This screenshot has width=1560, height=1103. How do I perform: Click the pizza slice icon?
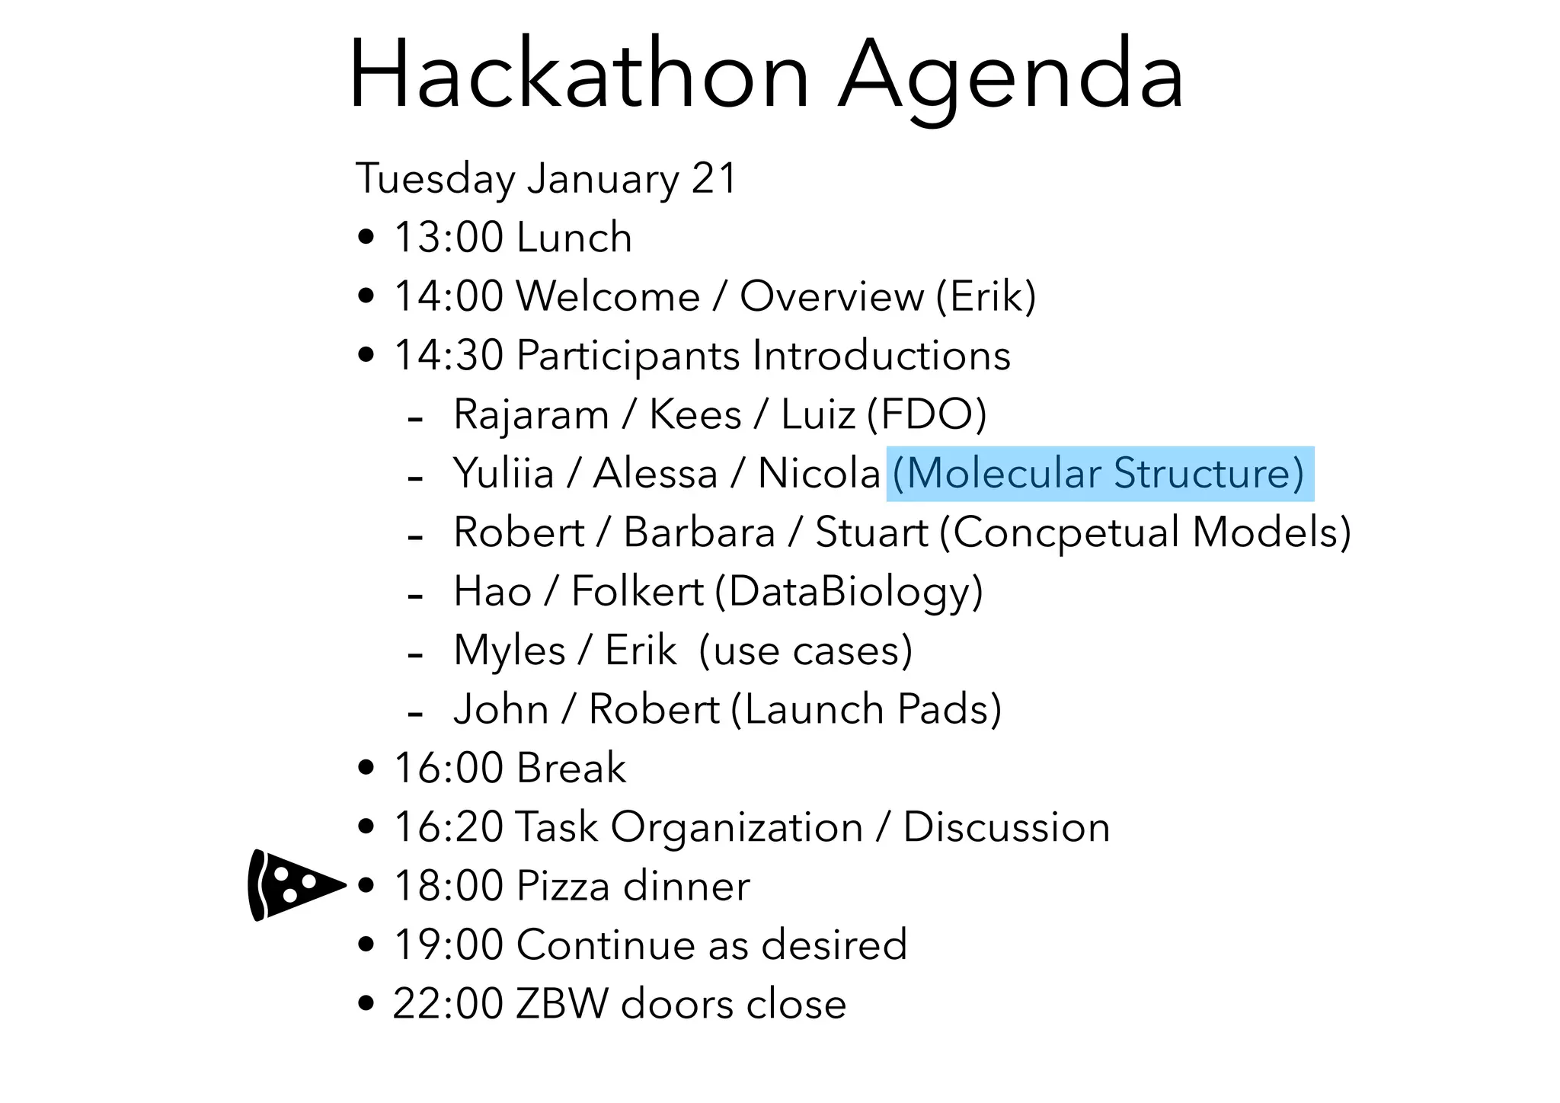point(293,885)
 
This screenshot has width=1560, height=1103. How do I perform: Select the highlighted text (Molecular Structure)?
point(1099,474)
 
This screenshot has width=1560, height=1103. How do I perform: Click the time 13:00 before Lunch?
point(448,238)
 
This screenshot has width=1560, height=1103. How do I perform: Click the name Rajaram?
point(531,415)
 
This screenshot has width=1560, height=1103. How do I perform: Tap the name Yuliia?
point(503,474)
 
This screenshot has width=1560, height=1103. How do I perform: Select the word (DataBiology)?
point(849,592)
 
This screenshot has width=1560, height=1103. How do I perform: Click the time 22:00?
point(448,1003)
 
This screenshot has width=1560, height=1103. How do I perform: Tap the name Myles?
point(509,651)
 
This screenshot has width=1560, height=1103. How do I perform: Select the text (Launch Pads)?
point(866,709)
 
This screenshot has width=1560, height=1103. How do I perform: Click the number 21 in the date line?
point(714,179)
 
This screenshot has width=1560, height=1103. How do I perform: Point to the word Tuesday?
point(436,179)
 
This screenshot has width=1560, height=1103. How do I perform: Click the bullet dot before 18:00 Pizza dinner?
point(366,886)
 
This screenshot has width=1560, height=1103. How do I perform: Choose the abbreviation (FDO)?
point(926,415)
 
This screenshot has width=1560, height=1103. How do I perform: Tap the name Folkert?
point(637,592)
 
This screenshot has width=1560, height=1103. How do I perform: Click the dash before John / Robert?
point(415,715)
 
